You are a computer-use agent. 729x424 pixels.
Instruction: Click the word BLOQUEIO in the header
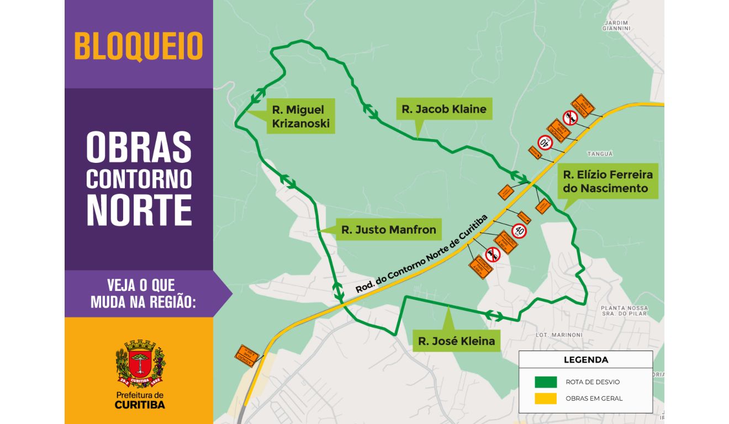[x=139, y=46]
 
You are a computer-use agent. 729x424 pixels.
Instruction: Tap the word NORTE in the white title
[x=139, y=210]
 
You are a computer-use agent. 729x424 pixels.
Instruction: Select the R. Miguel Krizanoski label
[x=300, y=116]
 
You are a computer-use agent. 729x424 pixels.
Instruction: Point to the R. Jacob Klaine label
[x=444, y=109]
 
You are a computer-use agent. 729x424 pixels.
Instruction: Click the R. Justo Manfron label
[x=388, y=229]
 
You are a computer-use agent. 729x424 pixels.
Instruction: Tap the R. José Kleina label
[x=456, y=341]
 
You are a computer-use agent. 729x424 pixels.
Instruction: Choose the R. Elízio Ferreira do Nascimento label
[x=607, y=182]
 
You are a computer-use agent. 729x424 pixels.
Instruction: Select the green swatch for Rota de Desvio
[x=545, y=382]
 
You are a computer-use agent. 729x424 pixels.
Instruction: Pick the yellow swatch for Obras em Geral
[x=545, y=398]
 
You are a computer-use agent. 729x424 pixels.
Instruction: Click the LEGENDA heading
[x=585, y=360]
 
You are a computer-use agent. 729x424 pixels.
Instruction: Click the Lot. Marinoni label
[x=559, y=335]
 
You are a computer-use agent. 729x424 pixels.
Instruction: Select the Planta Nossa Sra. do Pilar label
[x=624, y=311]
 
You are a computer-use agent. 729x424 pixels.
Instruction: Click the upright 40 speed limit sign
[x=519, y=230]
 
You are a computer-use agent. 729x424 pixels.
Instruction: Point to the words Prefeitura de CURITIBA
[x=140, y=400]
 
